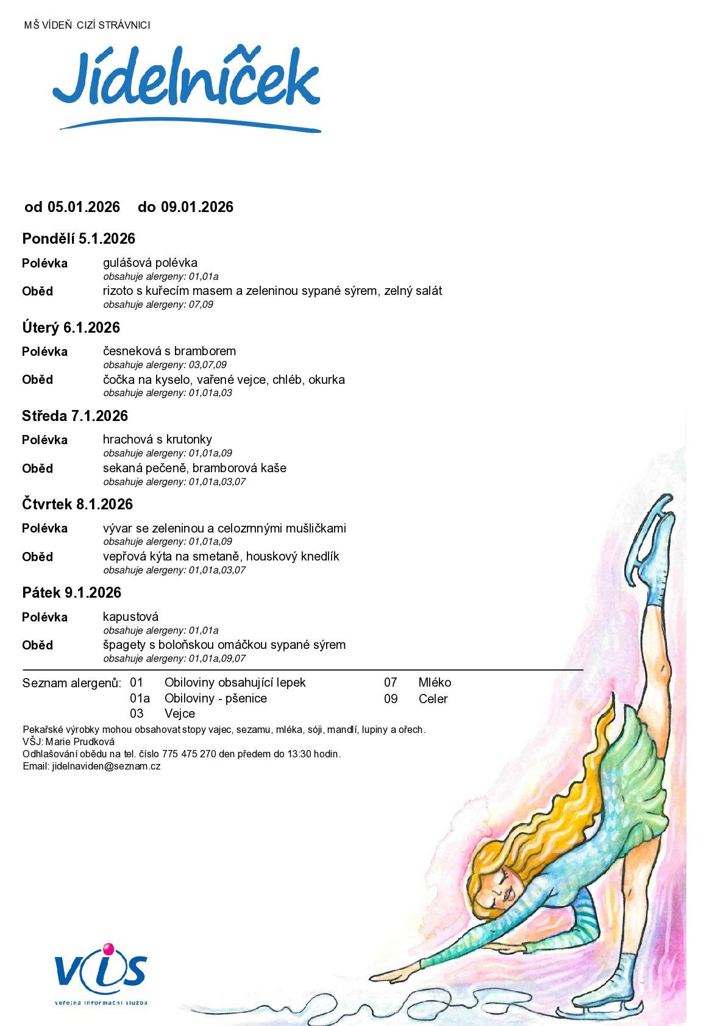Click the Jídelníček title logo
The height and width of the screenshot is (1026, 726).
click(187, 85)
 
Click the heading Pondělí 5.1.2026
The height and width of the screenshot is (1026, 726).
click(79, 239)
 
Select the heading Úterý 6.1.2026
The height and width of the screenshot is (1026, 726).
click(71, 328)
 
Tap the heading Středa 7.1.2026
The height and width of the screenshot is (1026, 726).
click(75, 416)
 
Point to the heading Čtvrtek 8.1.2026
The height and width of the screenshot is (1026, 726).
click(77, 504)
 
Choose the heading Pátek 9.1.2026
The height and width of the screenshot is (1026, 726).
click(72, 593)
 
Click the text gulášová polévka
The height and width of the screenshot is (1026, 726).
click(150, 263)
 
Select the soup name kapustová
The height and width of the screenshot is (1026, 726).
click(130, 617)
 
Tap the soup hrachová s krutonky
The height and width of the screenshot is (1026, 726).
click(157, 439)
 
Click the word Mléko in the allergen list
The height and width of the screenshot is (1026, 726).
click(435, 683)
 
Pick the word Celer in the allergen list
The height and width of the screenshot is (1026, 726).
click(433, 699)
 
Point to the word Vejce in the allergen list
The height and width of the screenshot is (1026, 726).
click(180, 713)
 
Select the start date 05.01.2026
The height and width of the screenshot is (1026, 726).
click(84, 207)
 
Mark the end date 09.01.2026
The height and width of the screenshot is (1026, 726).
click(197, 207)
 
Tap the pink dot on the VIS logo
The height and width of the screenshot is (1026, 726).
click(109, 949)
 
